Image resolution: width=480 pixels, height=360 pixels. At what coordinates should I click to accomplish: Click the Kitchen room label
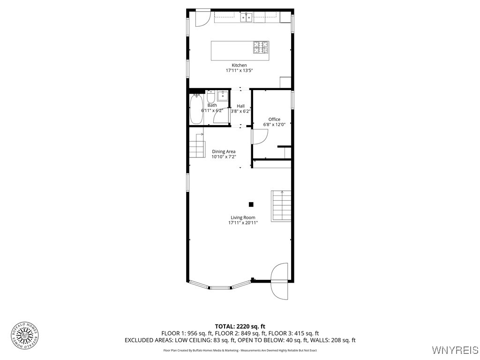tap(239, 65)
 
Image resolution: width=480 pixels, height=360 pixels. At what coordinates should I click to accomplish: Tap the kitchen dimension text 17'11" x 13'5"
tap(239, 71)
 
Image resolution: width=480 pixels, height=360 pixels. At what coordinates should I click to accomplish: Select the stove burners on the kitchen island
tap(262, 47)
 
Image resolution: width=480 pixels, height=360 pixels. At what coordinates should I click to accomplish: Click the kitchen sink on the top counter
tap(247, 18)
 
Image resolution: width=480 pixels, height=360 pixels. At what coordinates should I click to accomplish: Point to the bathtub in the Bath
tap(195, 109)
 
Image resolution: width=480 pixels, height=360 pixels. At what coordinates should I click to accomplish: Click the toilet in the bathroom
tap(211, 98)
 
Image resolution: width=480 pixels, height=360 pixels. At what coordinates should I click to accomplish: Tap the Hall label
tap(240, 106)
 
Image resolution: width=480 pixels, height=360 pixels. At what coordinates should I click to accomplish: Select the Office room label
tap(274, 120)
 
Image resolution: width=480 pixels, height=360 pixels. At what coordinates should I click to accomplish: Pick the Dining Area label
tap(224, 151)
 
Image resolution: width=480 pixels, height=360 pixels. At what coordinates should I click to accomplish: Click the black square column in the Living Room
tap(251, 204)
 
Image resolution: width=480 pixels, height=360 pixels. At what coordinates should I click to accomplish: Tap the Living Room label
tap(243, 217)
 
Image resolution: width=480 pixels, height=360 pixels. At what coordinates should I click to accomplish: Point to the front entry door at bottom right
tap(280, 281)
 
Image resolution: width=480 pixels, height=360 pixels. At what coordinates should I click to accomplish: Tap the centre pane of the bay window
tap(220, 287)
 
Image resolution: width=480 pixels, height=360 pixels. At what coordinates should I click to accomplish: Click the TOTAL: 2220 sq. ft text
tap(240, 326)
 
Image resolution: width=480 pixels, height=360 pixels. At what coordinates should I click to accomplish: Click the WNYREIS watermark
tap(454, 350)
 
